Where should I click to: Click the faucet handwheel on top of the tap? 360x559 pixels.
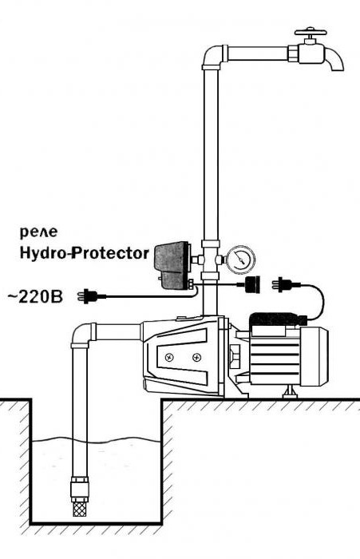click(311, 33)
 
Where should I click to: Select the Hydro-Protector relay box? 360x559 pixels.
click(172, 264)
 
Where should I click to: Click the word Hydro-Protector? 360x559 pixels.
click(85, 253)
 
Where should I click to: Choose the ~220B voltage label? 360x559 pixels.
click(35, 296)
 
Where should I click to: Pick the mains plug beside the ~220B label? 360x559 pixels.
click(92, 296)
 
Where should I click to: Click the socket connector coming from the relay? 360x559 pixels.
click(252, 284)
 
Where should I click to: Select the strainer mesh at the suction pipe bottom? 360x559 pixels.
click(80, 504)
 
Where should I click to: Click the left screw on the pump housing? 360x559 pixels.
click(168, 357)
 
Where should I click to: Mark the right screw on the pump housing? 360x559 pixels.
click(196, 357)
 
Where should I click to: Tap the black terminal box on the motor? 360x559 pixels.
click(277, 319)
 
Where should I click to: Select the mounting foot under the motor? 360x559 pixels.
click(290, 392)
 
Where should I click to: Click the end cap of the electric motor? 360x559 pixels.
click(314, 357)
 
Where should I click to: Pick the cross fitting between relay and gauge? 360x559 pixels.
click(210, 260)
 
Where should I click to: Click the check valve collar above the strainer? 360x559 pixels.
click(80, 485)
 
